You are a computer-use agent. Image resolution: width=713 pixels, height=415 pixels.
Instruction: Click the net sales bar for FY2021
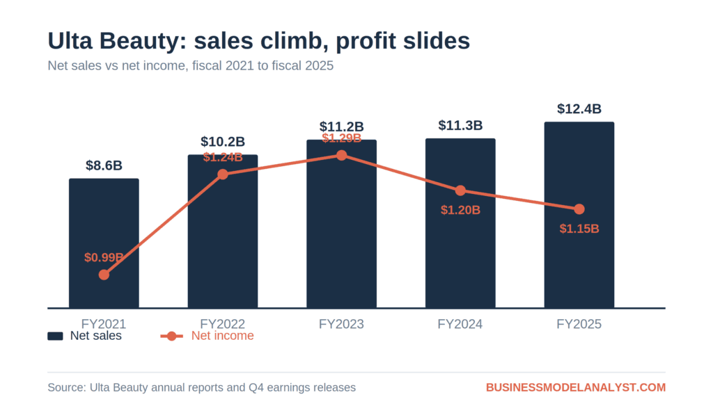point(104,243)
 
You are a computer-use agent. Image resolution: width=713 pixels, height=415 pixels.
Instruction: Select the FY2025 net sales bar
point(579,215)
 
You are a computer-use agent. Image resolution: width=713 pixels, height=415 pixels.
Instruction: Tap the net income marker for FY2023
point(341,156)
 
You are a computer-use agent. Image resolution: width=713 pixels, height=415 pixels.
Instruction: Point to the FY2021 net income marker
point(104,275)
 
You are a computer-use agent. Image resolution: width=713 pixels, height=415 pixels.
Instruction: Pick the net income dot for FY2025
point(579,209)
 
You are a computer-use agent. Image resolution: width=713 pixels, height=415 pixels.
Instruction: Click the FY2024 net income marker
point(460,190)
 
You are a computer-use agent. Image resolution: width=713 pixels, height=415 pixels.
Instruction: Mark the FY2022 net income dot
point(222,174)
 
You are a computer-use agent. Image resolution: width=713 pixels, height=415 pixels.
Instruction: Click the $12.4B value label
point(579,109)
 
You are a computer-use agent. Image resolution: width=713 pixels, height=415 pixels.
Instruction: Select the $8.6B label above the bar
point(104,165)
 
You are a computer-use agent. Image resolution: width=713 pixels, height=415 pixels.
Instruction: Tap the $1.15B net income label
point(579,229)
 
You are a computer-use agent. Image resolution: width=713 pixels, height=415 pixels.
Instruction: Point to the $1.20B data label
point(460,210)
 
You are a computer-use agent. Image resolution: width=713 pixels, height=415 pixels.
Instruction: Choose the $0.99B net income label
point(104,257)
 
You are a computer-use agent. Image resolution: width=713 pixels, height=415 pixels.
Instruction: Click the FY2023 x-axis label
point(341,324)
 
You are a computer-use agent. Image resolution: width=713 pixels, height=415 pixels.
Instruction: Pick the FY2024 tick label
point(460,324)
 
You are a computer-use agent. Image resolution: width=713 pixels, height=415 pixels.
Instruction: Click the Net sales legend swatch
point(55,336)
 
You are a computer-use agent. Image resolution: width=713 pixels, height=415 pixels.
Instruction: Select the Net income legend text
point(222,336)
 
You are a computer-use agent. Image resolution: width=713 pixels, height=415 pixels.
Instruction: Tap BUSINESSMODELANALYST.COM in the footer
point(576,387)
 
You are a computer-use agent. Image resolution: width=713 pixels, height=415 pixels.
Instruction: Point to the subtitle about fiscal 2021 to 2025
point(191,66)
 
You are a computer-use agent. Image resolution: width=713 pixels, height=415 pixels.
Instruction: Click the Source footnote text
point(201,387)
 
